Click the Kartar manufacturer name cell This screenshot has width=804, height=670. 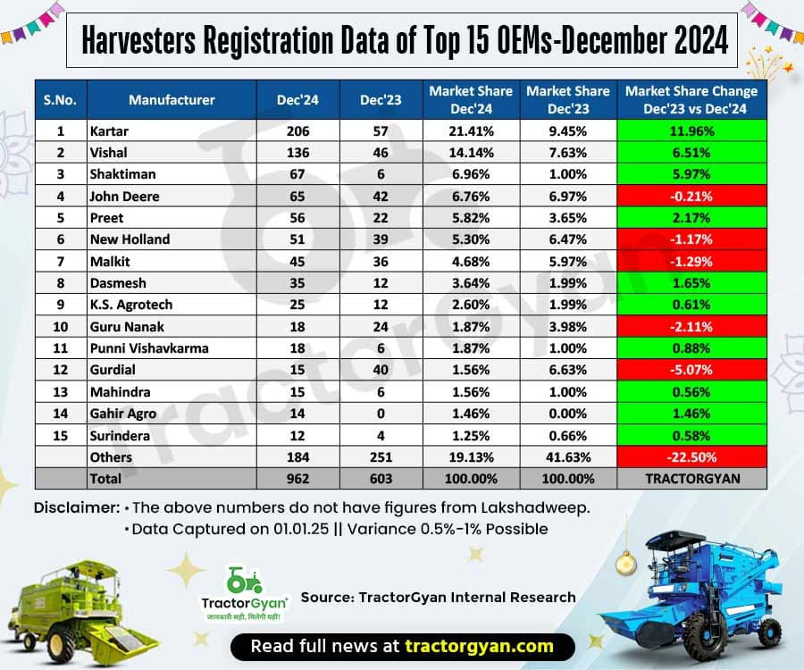pyautogui.click(x=110, y=130)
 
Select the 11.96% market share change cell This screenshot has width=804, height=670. pyautogui.click(x=691, y=130)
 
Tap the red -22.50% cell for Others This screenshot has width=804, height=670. pyautogui.click(x=691, y=456)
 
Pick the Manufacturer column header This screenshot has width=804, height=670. pyautogui.click(x=172, y=98)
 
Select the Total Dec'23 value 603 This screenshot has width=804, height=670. pyautogui.click(x=380, y=479)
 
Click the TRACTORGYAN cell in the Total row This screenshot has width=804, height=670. pyautogui.click(x=691, y=479)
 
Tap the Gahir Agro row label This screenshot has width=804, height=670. pyautogui.click(x=124, y=414)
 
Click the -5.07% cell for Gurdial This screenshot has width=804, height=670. pyautogui.click(x=691, y=370)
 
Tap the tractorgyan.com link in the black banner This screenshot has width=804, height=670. pyautogui.click(x=478, y=645)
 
